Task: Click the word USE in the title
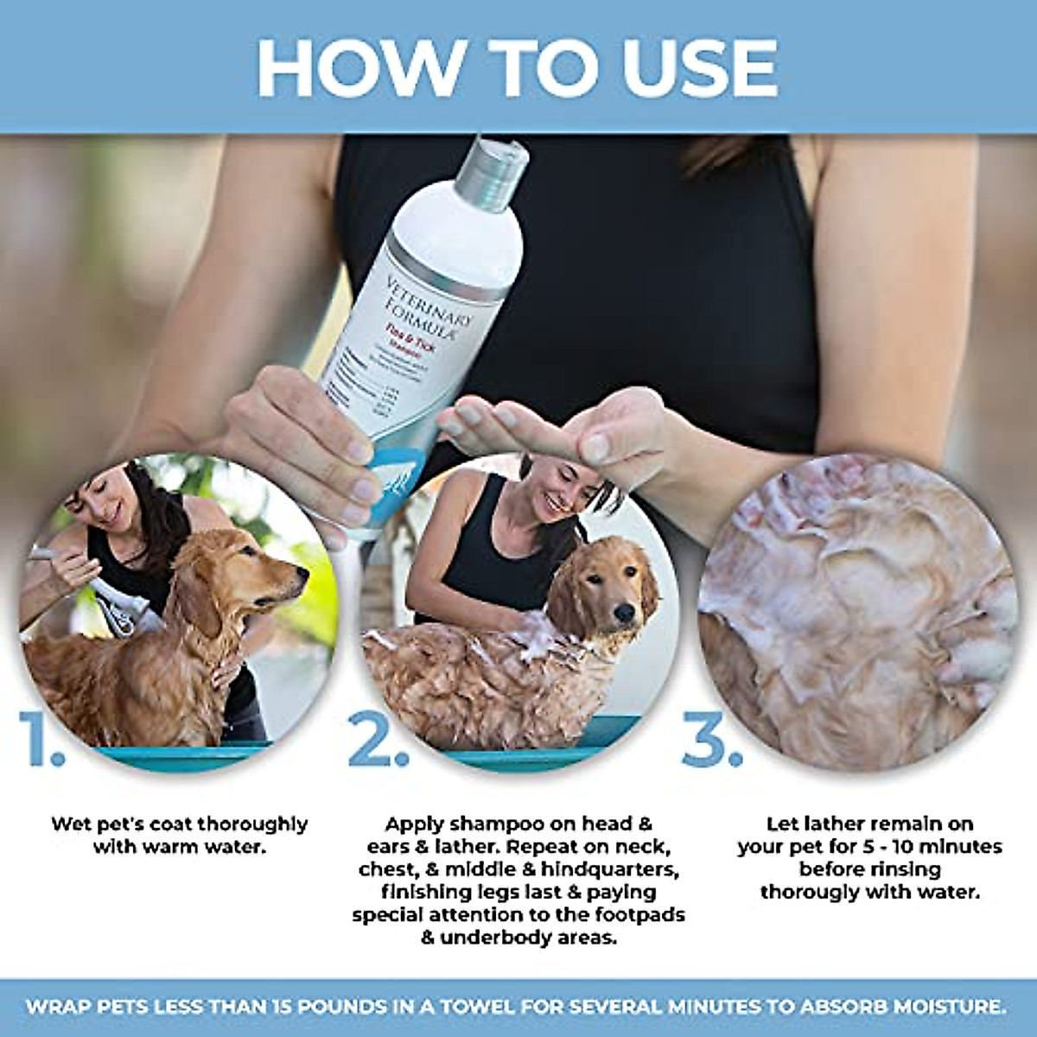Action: (x=692, y=67)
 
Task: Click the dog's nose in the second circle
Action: (x=624, y=615)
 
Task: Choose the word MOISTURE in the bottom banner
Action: (x=940, y=1006)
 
